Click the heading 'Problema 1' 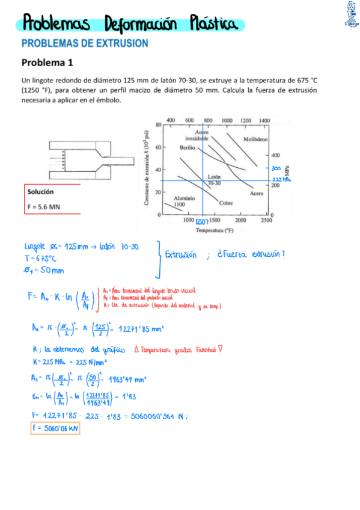click(47, 62)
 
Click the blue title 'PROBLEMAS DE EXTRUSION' click(85, 43)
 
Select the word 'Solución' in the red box click(40, 192)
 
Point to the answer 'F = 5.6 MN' click(44, 207)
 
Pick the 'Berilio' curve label click(188, 147)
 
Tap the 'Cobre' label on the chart click(225, 203)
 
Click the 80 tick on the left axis click(157, 125)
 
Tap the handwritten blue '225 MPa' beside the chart click(281, 179)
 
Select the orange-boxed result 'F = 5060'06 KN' click(54, 428)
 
